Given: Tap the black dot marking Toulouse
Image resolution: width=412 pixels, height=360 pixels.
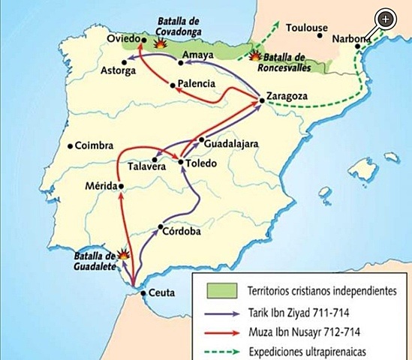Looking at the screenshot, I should pos(321,34).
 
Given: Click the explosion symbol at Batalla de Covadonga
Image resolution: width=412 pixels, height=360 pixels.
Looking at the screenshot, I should pos(159,43).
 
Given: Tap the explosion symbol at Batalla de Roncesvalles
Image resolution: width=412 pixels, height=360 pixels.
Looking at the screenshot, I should pos(256,55).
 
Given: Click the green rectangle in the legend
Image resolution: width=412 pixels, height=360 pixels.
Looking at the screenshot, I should pos(218,289).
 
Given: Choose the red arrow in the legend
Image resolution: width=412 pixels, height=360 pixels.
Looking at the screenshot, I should pos(218,330).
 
